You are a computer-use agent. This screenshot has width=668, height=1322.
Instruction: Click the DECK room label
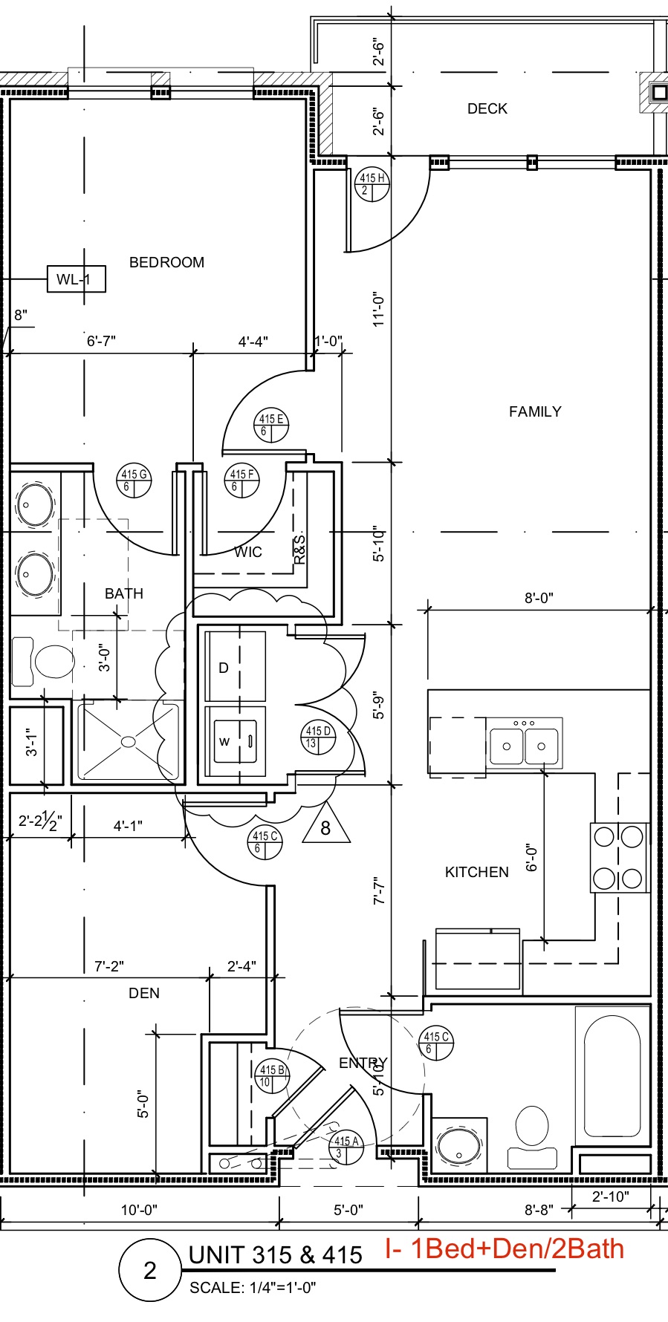(487, 108)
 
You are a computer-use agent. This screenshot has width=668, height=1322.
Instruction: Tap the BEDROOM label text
(166, 262)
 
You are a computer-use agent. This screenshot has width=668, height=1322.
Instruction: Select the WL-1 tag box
(76, 279)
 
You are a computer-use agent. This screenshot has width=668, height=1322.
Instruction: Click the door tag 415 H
(372, 183)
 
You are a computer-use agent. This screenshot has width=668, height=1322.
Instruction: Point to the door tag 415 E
(270, 425)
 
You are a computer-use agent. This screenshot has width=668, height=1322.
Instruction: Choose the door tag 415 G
(134, 480)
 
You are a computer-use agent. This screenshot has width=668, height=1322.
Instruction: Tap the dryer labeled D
(235, 666)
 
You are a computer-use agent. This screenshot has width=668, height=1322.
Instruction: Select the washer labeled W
(235, 741)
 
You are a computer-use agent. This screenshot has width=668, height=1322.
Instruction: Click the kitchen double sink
(524, 743)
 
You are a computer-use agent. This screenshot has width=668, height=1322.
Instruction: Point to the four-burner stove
(618, 858)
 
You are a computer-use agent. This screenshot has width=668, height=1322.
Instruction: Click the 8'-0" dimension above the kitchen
(539, 598)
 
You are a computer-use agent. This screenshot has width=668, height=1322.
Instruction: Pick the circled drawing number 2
(150, 1270)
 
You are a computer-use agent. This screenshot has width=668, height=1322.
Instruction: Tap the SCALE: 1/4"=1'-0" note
(253, 1288)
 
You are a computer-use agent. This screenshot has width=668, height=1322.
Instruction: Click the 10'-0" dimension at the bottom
(139, 1210)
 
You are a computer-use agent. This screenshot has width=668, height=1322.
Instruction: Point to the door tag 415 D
(318, 736)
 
